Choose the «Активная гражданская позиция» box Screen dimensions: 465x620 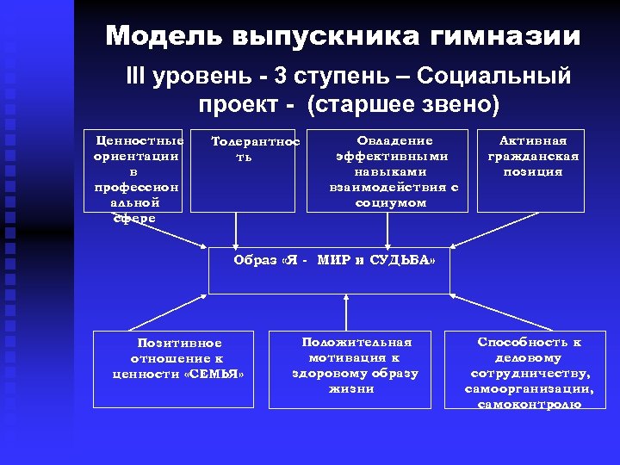tap(533, 170)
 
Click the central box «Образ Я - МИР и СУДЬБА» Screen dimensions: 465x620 tap(330, 270)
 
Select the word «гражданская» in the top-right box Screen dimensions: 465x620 tap(533, 156)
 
